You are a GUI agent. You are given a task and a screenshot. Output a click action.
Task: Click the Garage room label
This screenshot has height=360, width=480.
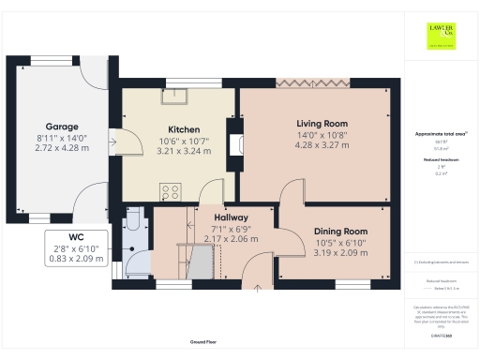(62, 127)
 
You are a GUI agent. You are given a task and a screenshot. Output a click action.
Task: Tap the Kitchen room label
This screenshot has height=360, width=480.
(184, 128)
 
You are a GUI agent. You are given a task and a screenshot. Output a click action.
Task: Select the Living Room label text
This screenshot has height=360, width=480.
(322, 124)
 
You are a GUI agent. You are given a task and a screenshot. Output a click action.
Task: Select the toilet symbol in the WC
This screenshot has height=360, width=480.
(132, 222)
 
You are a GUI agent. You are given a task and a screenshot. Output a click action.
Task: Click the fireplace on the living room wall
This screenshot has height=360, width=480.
(236, 143)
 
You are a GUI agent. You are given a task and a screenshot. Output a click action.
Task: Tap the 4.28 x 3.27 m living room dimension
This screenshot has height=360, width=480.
(322, 146)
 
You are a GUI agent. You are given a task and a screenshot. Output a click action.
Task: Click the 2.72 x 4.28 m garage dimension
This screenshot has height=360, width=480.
(62, 148)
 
